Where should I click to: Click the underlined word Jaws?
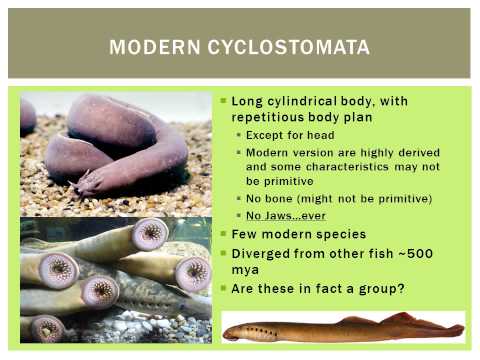pos(280,216)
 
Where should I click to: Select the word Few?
pos(246,234)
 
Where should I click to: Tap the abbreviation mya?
pos(245,269)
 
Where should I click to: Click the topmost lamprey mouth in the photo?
pos(149,234)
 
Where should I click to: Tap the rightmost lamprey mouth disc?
pos(193,274)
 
